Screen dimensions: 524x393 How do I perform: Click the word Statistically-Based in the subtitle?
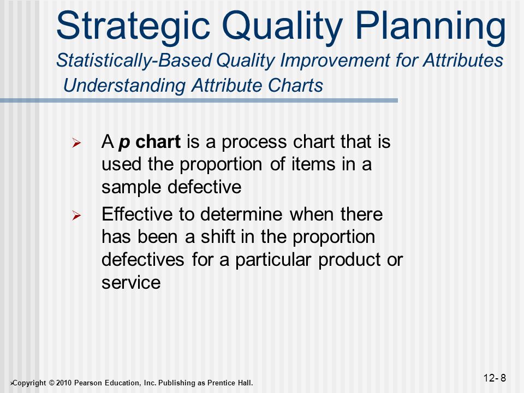[134, 61]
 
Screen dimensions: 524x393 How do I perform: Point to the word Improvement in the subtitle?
[335, 61]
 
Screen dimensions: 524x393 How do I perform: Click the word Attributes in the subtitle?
[463, 60]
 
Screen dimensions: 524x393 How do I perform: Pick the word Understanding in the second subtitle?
[124, 86]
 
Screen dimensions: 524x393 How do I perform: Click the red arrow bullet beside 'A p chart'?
[76, 144]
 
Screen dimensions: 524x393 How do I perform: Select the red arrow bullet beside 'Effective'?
[76, 216]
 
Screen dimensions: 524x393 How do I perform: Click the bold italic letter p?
[124, 143]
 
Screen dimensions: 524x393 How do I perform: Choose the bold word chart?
[158, 141]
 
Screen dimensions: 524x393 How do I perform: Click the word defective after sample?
[204, 187]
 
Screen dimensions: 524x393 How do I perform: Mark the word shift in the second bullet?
[218, 236]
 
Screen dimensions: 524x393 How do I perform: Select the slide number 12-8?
[495, 378]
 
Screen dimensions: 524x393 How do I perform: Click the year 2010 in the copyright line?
[64, 383]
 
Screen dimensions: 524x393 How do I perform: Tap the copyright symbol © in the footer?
[51, 383]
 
